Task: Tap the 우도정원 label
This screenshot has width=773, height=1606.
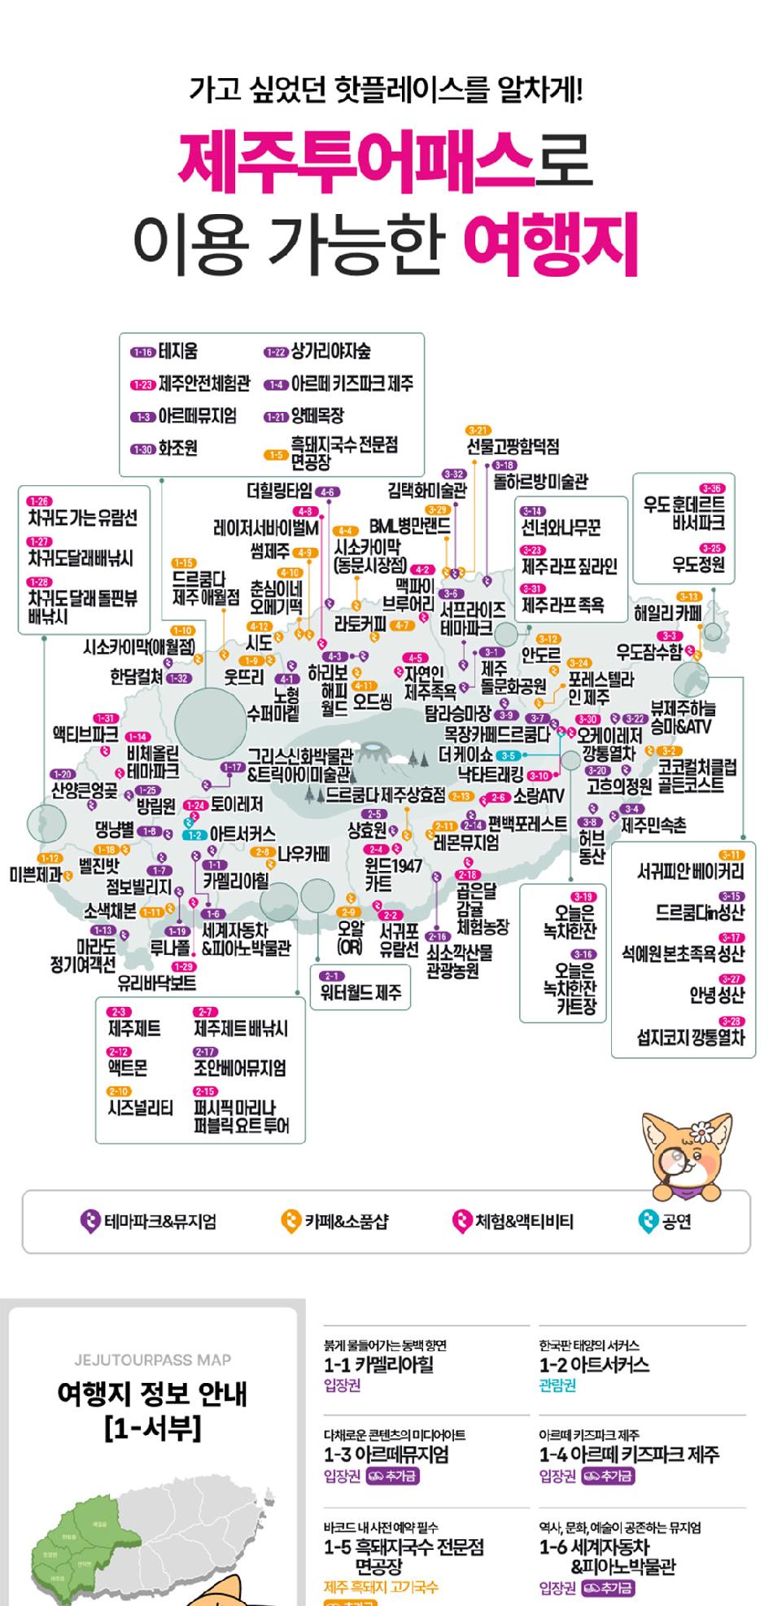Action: click(x=698, y=564)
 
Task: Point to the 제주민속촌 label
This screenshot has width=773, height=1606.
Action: click(x=653, y=825)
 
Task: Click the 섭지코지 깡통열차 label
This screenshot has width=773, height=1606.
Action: click(x=690, y=1037)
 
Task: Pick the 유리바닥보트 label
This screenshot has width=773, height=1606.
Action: click(x=156, y=982)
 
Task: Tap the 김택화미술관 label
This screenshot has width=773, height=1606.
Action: click(x=426, y=490)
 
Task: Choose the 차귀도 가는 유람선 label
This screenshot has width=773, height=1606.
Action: click(x=82, y=518)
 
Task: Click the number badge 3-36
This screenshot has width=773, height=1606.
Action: click(x=710, y=488)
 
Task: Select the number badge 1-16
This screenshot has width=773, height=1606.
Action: click(x=142, y=352)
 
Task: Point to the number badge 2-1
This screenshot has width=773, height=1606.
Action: click(x=331, y=976)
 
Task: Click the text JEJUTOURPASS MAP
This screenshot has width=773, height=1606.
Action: click(x=152, y=1359)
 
